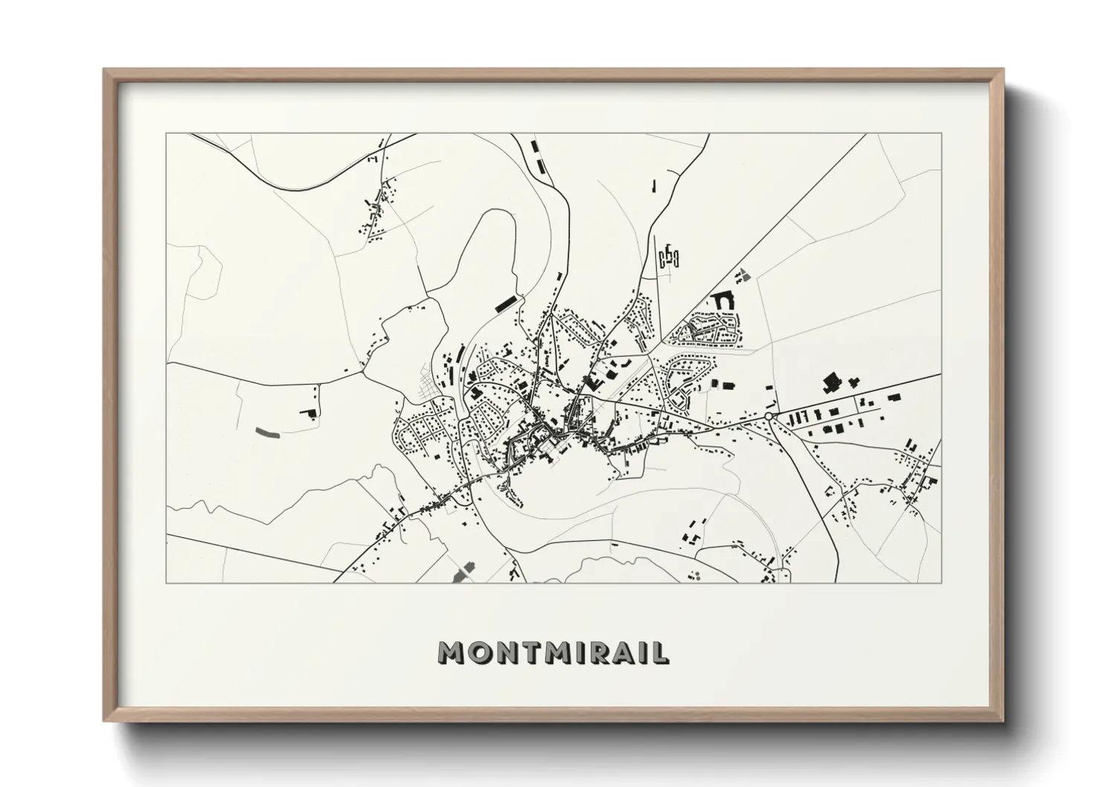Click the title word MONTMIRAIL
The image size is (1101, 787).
(553, 652)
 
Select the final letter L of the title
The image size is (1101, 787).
(661, 652)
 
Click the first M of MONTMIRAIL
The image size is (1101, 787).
(452, 652)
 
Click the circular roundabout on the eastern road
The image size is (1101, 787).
(768, 417)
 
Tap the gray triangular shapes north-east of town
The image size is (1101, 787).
(742, 274)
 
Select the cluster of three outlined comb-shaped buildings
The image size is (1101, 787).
(670, 257)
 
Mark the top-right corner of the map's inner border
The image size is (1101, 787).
(942, 134)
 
